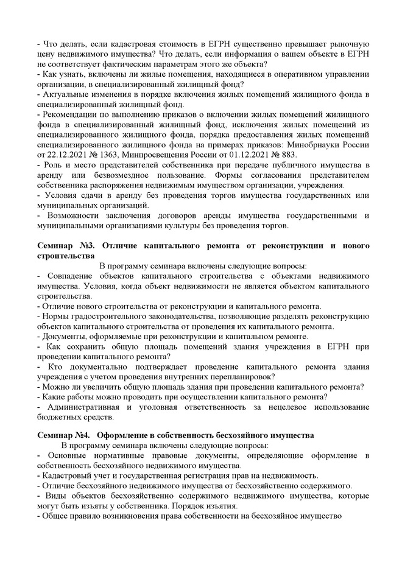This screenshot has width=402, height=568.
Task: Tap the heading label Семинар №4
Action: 63,435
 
